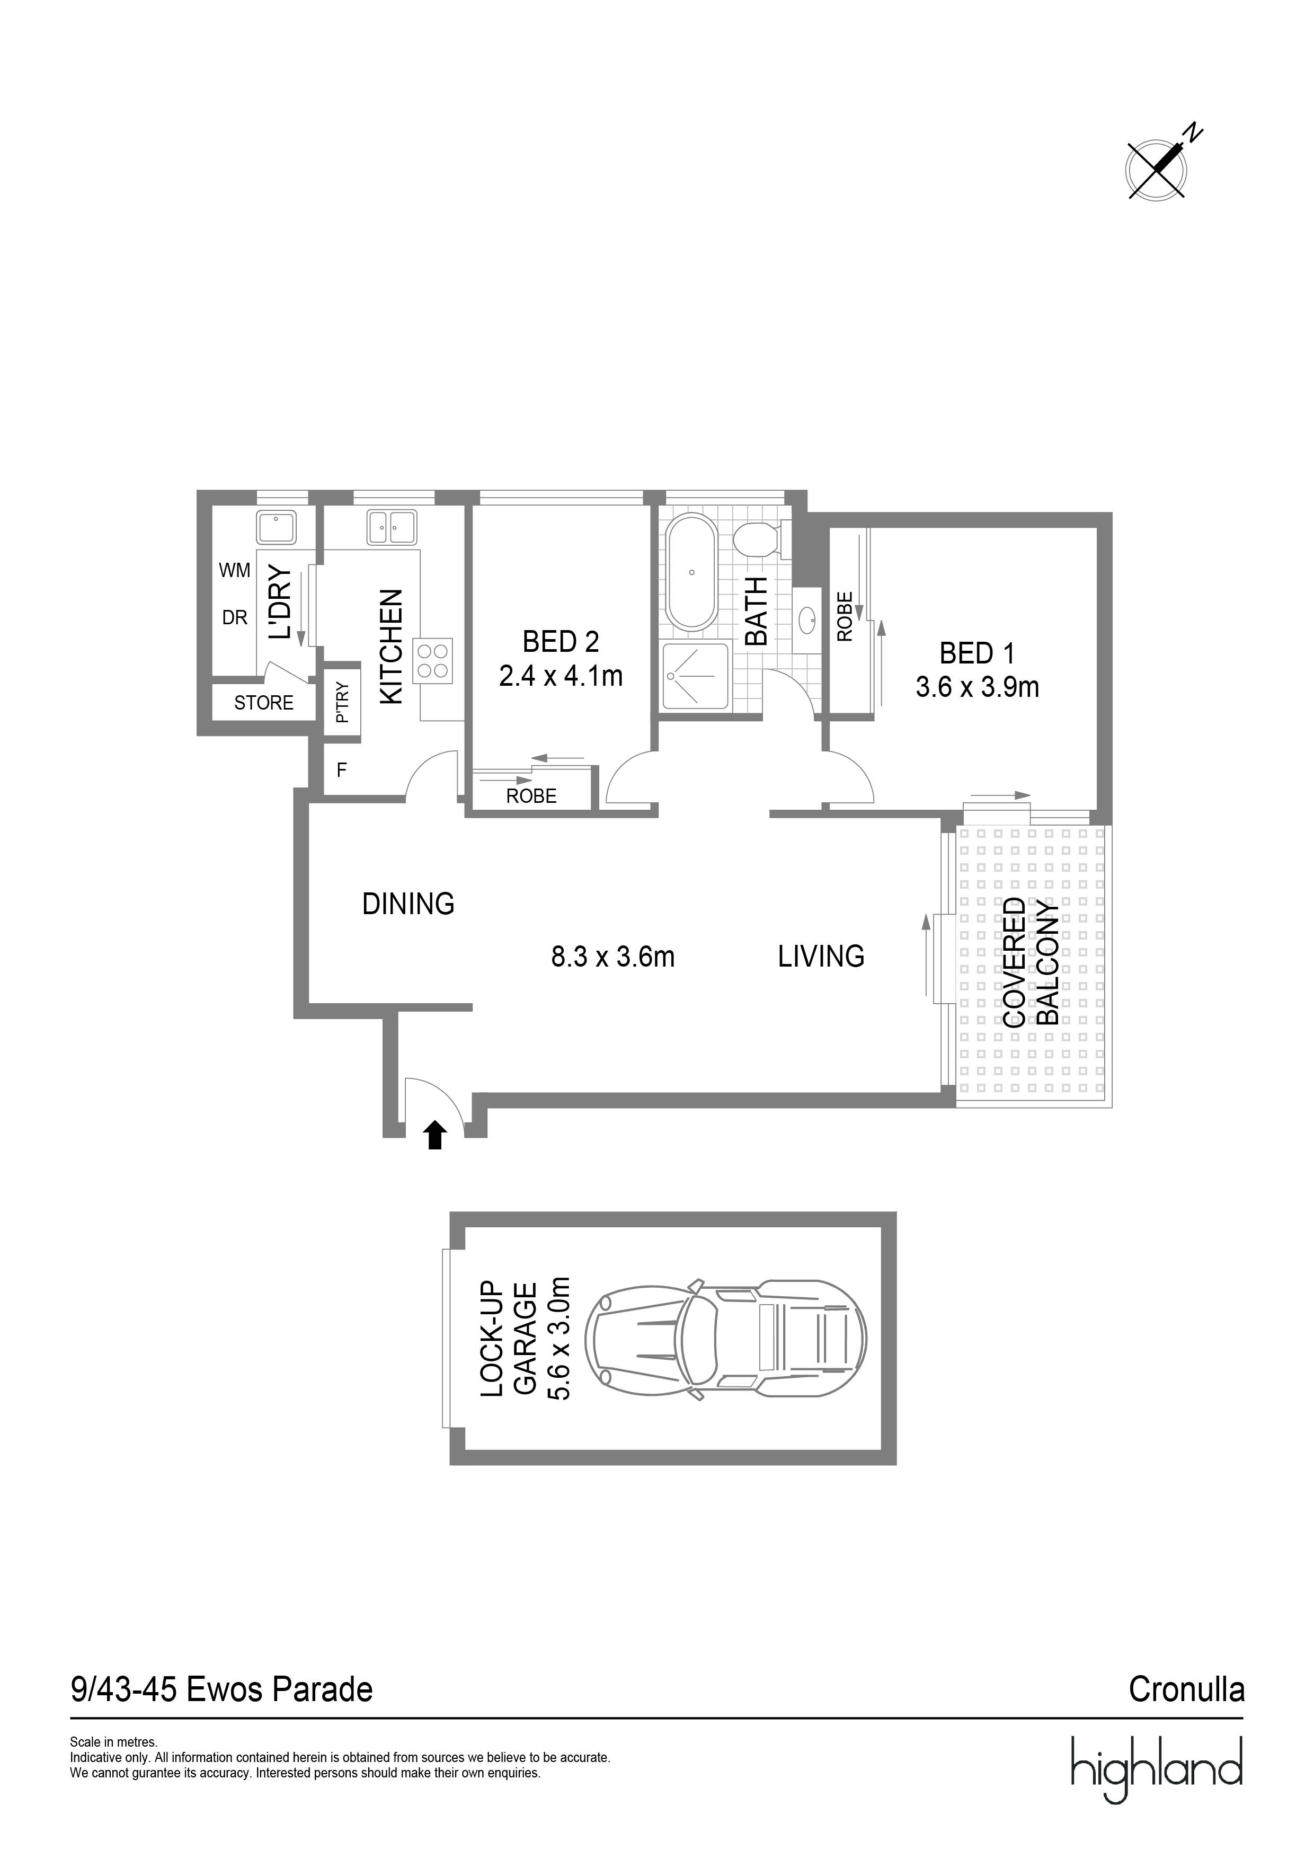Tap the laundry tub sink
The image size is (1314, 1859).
point(276,527)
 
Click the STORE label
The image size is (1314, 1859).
point(264,703)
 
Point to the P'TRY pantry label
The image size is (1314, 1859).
point(342,702)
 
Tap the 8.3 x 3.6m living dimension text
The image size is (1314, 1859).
point(613,957)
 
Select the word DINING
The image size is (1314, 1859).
point(408,904)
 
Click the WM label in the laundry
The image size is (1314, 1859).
point(235,571)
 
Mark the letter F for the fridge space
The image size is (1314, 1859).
point(342,770)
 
